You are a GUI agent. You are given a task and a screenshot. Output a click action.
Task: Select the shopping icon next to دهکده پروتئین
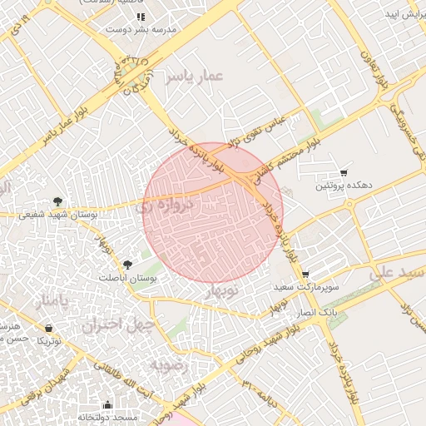pyautogui.click(x=344, y=172)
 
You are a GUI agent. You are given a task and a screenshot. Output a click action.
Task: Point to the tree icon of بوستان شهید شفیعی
pyautogui.click(x=57, y=201)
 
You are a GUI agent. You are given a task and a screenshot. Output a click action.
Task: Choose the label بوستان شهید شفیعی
pyautogui.click(x=59, y=215)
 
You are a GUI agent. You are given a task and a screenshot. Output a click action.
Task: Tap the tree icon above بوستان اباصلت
pyautogui.click(x=126, y=264)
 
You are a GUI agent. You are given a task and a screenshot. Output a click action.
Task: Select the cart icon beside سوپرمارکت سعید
pyautogui.click(x=305, y=274)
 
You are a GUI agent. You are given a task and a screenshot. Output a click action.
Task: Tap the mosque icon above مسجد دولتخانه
pyautogui.click(x=107, y=404)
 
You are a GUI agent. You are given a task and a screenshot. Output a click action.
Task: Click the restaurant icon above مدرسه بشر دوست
pyautogui.click(x=141, y=16)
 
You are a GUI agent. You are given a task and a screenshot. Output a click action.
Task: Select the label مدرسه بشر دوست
pyautogui.click(x=141, y=29)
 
